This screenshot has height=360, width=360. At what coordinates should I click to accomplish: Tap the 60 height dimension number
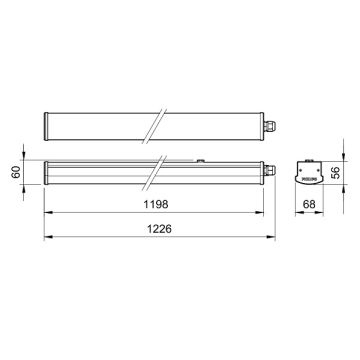click(x=16, y=173)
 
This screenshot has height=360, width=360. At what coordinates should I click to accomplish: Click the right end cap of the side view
click(x=262, y=173)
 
